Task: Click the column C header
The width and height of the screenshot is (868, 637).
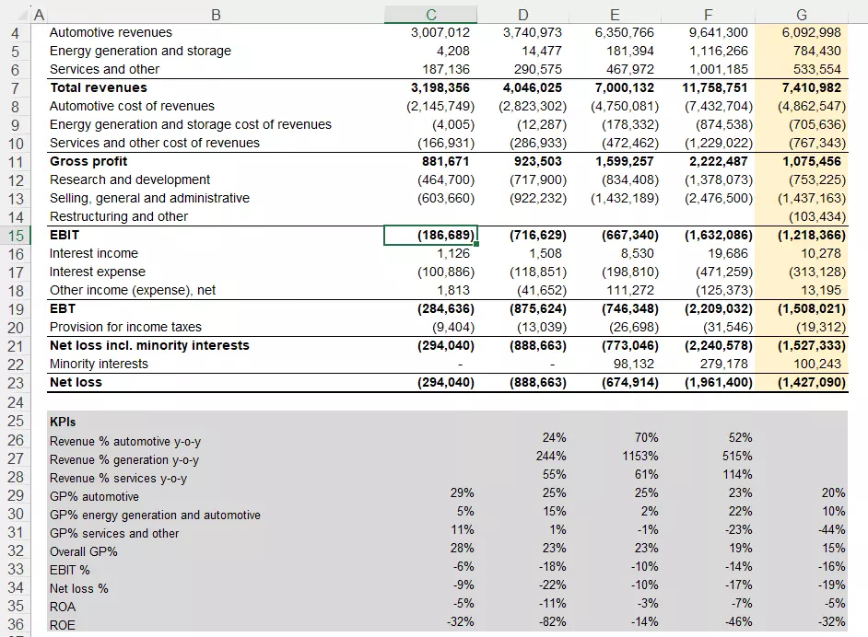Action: (431, 14)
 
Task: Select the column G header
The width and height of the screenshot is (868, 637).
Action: (800, 14)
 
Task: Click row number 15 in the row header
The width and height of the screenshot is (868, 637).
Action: (16, 235)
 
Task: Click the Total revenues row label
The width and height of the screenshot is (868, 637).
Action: (99, 87)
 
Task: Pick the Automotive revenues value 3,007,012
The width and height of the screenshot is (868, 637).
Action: (440, 32)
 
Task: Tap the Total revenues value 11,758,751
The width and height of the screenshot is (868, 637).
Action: (715, 87)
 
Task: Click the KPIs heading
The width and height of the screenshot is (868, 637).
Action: (63, 422)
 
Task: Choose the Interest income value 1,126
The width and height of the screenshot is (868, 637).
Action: (455, 253)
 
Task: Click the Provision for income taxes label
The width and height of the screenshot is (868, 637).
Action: (125, 327)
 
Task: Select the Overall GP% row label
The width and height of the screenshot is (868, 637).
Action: (84, 551)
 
